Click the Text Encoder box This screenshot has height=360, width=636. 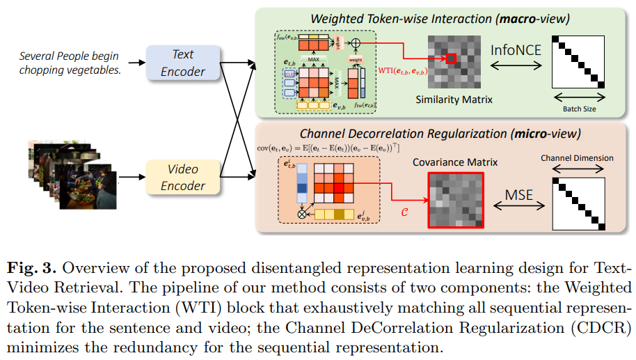[183, 62]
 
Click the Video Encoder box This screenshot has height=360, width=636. [183, 177]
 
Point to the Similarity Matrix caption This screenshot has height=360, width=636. [454, 100]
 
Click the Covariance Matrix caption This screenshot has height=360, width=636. [457, 162]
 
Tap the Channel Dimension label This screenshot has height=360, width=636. [577, 158]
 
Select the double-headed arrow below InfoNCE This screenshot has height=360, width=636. [516, 65]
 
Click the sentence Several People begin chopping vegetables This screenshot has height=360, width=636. [69, 62]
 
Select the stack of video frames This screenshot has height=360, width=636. [70, 173]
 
